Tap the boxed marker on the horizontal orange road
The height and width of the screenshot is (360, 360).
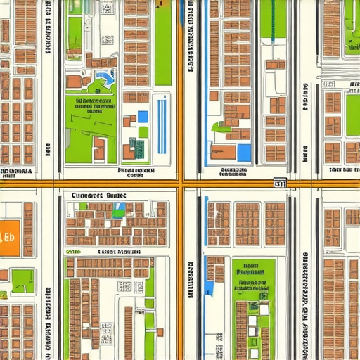pyautogui.click(x=280, y=184)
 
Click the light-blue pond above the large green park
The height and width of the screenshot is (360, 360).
pyautogui.click(x=105, y=77)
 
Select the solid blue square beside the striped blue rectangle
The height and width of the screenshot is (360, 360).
pyautogui.click(x=143, y=117)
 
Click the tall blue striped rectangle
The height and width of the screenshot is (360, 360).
pyautogui.click(x=161, y=127)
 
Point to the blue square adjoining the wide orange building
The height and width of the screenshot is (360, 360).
pyautogui.click(x=244, y=153)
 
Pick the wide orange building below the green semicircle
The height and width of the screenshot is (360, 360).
pyautogui.click(x=224, y=152)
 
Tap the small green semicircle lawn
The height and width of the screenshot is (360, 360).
pyautogui.click(x=221, y=128)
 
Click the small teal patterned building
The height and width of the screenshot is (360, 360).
pyautogui.click(x=139, y=148)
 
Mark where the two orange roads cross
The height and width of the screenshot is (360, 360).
pyautogui.click(x=181, y=183)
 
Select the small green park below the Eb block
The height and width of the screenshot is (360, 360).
pyautogui.click(x=22, y=281)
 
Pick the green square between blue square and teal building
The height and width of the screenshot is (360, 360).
pyautogui.click(x=143, y=132)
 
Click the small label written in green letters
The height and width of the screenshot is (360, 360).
pyautogui.click(x=73, y=251)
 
